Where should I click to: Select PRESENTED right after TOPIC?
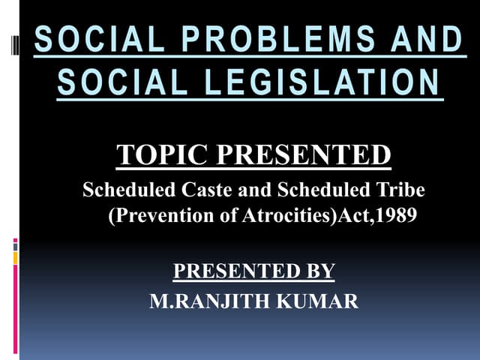(304, 155)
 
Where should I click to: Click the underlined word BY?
(317, 271)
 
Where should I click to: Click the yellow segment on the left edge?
(15, 258)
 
